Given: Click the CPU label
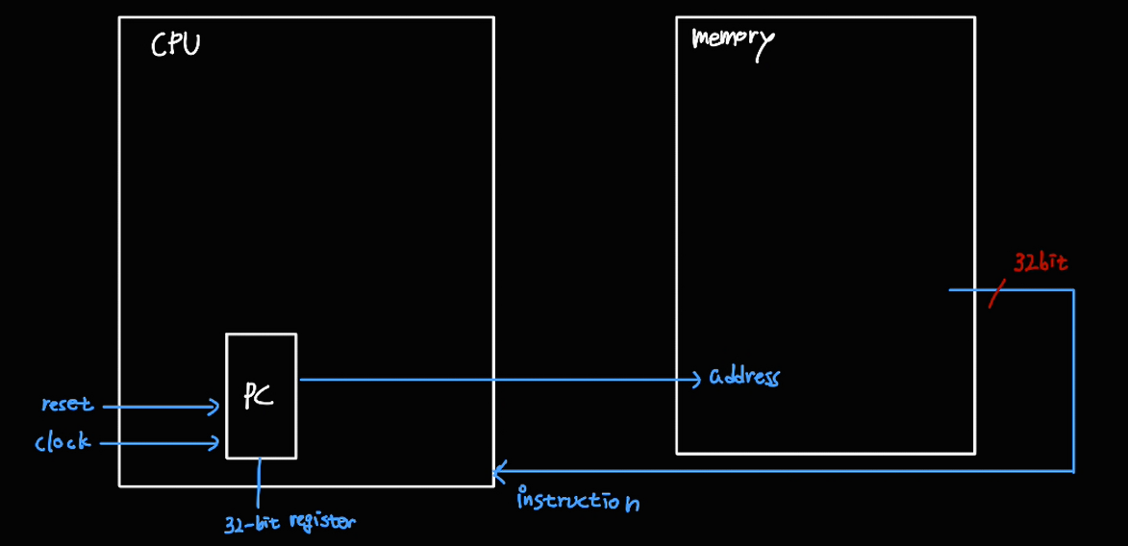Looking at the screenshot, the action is (x=176, y=44).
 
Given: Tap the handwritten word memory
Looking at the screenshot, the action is (x=733, y=41).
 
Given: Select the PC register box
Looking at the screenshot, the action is (x=261, y=396).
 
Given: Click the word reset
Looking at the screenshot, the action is (x=66, y=405).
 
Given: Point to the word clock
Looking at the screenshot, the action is (x=63, y=442).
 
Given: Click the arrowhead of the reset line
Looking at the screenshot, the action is (x=215, y=407).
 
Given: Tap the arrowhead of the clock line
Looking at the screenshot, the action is (x=215, y=443).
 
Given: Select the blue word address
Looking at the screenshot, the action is (x=743, y=376).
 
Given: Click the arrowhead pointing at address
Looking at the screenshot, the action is (x=696, y=380).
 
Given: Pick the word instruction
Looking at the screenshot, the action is (x=577, y=500).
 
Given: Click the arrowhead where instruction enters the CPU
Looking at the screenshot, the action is (x=497, y=471).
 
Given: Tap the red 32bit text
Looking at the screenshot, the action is (x=1040, y=262).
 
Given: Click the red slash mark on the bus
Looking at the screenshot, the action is (x=996, y=293).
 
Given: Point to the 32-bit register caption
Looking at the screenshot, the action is (x=289, y=523).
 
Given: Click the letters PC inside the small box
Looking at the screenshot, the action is (x=258, y=394).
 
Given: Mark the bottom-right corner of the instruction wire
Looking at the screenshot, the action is (x=1073, y=471).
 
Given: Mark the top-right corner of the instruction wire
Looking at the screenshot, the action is (x=1073, y=289).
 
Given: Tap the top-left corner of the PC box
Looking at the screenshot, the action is (x=227, y=335).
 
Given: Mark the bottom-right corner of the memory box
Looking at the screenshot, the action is (x=974, y=453).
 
